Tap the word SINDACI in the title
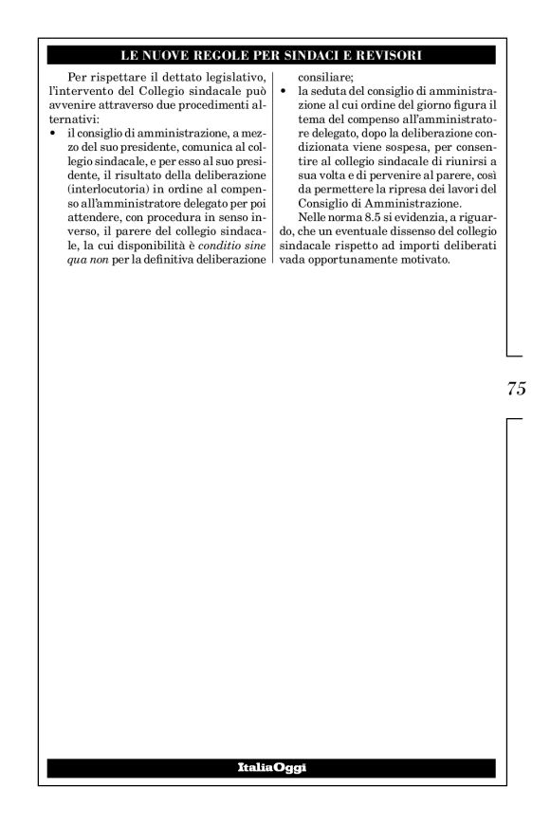tap(312, 55)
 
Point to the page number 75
tap(516, 389)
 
